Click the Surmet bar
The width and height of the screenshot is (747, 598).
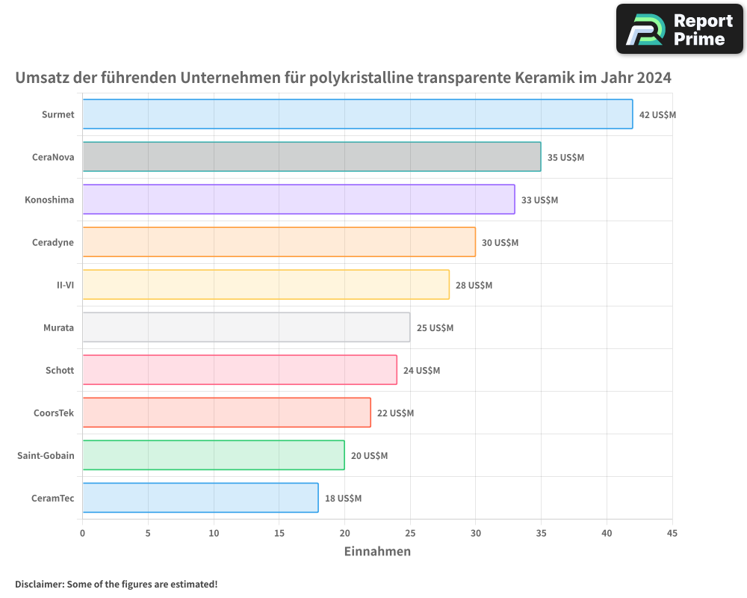pyautogui.click(x=357, y=114)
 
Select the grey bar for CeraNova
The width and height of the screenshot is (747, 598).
pyautogui.click(x=311, y=157)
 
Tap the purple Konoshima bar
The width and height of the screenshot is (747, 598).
pyautogui.click(x=298, y=200)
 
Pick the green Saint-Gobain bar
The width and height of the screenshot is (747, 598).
pyautogui.click(x=213, y=455)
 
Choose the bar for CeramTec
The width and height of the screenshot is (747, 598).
pyautogui.click(x=200, y=498)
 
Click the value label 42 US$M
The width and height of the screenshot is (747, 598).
pyautogui.click(x=657, y=115)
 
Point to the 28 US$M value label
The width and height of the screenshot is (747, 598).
pyautogui.click(x=474, y=286)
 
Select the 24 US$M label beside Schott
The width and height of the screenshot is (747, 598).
pyautogui.click(x=421, y=371)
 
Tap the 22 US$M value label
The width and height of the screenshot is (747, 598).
pyautogui.click(x=395, y=413)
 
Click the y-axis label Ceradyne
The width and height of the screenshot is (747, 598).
pyautogui.click(x=53, y=242)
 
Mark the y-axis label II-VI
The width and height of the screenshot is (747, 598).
pyautogui.click(x=65, y=285)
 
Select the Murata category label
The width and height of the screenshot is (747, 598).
pyautogui.click(x=58, y=327)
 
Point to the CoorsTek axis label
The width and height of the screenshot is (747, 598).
pyautogui.click(x=54, y=413)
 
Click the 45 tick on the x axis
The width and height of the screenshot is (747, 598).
pyautogui.click(x=672, y=533)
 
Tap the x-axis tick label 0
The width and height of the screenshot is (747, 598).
pyautogui.click(x=83, y=533)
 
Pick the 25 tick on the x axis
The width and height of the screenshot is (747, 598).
pyautogui.click(x=410, y=533)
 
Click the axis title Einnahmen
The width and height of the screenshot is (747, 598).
pyautogui.click(x=377, y=552)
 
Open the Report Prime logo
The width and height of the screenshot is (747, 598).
pyautogui.click(x=679, y=29)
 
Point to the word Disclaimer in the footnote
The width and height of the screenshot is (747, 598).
pyautogui.click(x=38, y=584)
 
